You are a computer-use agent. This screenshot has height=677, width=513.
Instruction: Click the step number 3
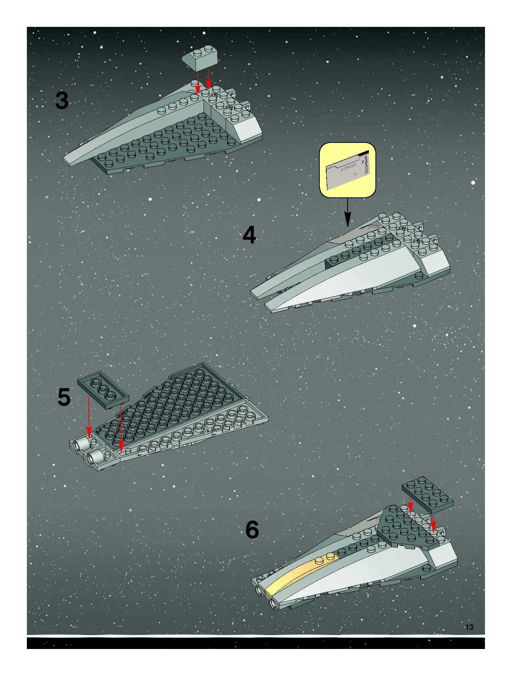point(62,101)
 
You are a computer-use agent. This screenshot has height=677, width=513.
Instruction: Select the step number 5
point(64,397)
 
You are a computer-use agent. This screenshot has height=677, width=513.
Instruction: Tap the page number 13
point(469,627)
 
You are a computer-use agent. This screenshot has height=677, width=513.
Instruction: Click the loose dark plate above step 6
point(427,495)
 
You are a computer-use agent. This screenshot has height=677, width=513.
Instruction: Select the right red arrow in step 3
point(208,80)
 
